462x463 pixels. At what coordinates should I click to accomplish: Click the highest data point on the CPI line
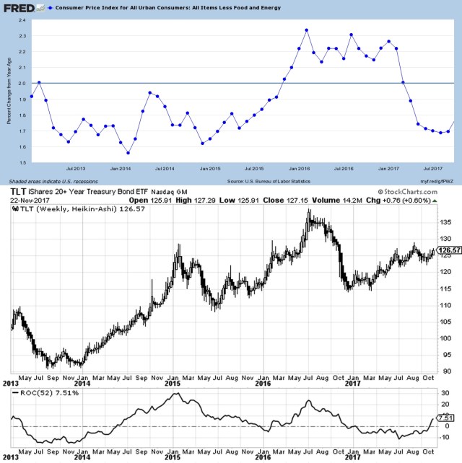click(307, 30)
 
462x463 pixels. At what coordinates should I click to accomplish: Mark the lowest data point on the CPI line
click(128, 153)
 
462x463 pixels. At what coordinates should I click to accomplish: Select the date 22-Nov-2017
click(28, 200)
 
